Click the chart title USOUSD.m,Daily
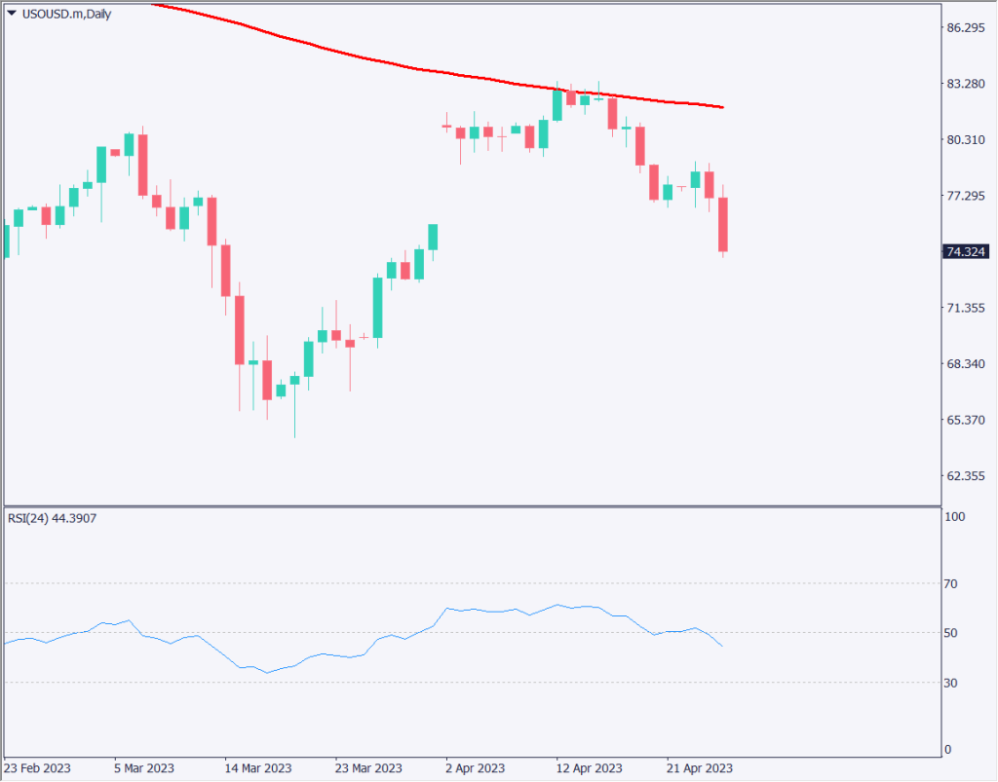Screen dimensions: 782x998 [65, 14]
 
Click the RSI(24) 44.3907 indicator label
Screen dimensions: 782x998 [53, 518]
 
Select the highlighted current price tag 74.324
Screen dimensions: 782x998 [966, 252]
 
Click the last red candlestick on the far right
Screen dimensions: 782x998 [723, 225]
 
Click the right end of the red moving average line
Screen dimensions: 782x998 [722, 107]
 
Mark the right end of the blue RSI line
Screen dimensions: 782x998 [722, 646]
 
